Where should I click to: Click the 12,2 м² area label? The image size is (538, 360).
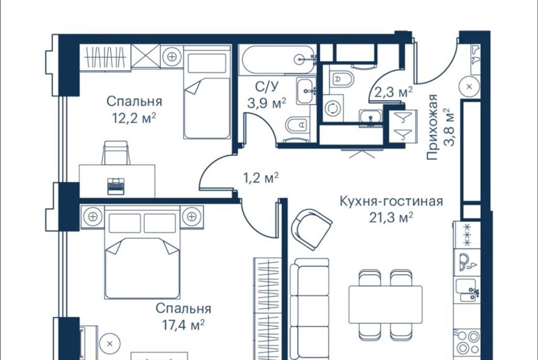[x=134, y=118]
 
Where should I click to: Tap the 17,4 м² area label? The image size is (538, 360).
[x=183, y=325]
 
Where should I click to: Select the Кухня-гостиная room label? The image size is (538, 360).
[x=391, y=201]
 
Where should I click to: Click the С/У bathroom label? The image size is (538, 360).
[x=266, y=87]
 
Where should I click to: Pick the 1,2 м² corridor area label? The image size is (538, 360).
[x=261, y=178]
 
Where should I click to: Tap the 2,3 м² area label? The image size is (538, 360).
[x=393, y=92]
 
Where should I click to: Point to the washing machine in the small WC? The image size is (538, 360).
[x=332, y=108]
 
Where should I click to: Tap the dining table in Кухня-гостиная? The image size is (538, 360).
[x=385, y=304]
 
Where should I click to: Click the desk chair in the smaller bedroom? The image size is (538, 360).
[x=116, y=153]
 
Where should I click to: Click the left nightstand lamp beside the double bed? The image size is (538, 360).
[x=92, y=217]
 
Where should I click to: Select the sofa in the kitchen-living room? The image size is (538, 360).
[x=309, y=309]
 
